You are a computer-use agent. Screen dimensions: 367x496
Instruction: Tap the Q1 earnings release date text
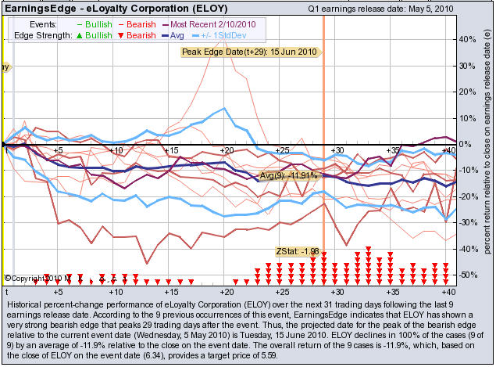[370, 7]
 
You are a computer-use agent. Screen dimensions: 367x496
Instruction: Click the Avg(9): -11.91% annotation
[288, 175]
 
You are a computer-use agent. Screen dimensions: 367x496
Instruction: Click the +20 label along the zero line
[227, 149]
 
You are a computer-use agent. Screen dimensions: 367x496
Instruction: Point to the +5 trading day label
[59, 149]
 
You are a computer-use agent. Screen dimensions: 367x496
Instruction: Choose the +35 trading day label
[394, 149]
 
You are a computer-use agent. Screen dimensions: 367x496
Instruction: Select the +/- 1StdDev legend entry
[234, 36]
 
